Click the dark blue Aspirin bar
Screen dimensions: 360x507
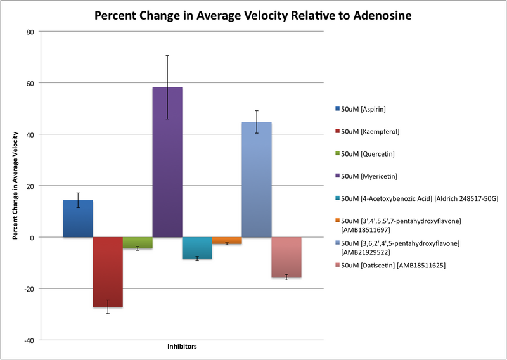pos(78,219)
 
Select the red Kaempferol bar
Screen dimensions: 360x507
pos(108,272)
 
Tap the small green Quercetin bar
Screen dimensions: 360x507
pos(138,243)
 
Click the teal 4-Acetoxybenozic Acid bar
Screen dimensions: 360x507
pos(197,248)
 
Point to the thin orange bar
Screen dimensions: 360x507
pos(227,240)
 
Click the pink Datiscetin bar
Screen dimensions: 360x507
pos(286,257)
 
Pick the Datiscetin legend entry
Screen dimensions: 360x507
pos(393,265)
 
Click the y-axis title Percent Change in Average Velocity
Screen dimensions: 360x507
pos(15,186)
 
